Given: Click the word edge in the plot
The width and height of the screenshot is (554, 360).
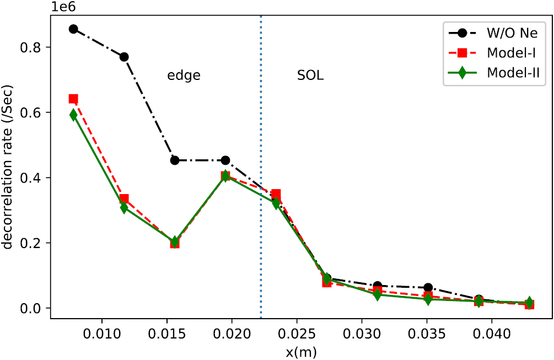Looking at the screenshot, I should (x=184, y=76).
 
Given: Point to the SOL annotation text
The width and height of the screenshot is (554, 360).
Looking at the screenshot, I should (x=310, y=76).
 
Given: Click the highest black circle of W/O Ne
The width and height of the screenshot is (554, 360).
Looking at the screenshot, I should (x=73, y=29).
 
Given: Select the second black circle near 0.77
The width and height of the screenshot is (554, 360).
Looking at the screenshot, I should (x=124, y=57).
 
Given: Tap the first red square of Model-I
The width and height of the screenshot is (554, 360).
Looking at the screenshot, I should (x=73, y=99).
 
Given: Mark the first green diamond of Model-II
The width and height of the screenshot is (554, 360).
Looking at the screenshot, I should (x=73, y=115).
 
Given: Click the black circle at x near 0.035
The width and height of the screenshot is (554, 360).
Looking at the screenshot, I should (x=428, y=288).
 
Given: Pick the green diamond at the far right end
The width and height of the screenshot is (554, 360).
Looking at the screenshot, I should (x=529, y=303).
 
